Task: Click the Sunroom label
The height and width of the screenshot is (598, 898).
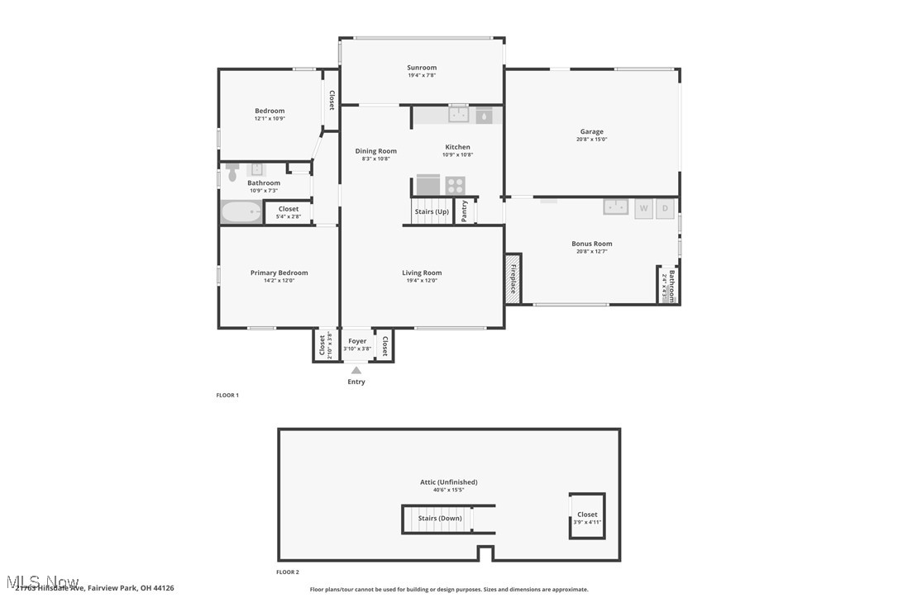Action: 421,68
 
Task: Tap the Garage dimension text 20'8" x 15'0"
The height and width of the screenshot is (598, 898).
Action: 591,140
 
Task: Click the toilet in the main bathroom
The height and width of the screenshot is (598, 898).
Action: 232,173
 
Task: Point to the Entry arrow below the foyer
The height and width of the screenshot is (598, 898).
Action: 356,371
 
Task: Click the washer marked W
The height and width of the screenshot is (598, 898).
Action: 643,208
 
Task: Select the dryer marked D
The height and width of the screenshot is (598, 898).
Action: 665,208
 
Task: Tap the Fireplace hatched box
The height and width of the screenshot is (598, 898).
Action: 513,278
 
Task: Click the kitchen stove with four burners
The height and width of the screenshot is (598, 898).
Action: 456,185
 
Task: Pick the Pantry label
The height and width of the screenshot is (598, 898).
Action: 465,211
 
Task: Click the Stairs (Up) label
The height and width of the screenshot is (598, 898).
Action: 432,211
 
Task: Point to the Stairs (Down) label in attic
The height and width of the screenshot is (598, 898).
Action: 439,519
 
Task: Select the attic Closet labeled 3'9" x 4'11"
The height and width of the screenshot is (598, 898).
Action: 587,516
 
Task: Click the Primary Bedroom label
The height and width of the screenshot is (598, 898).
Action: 279,273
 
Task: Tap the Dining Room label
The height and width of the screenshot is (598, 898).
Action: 375,151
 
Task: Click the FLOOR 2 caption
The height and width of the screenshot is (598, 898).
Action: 288,572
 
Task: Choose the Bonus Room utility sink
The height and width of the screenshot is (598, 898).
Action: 615,206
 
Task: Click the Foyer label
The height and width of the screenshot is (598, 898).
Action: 357,341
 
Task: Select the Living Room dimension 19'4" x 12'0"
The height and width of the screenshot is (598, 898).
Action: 422,281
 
